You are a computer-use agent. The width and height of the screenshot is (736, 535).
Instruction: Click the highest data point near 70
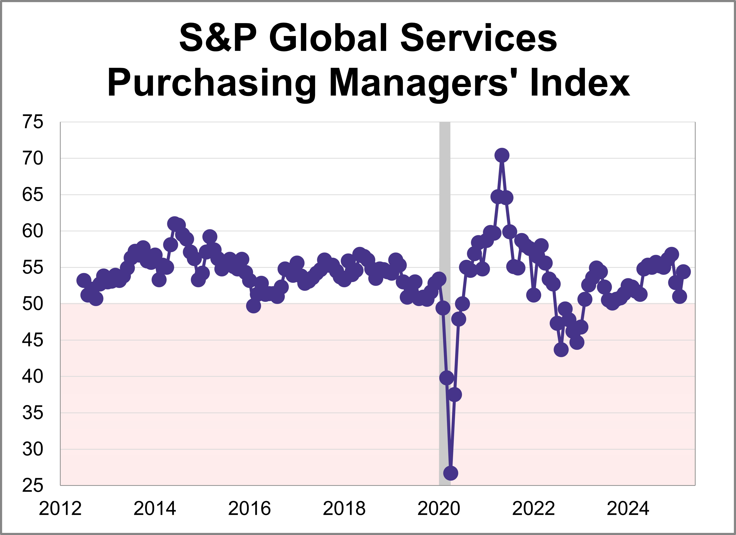coord(502,155)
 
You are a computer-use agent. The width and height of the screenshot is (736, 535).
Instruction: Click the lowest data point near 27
coord(451,473)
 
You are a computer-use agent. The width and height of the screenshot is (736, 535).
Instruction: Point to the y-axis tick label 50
coord(33,304)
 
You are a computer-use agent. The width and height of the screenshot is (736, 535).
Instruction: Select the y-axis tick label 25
coord(33,486)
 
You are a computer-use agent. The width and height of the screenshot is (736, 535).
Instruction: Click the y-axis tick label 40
coord(33,377)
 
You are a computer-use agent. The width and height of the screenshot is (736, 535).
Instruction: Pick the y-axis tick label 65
coord(33,195)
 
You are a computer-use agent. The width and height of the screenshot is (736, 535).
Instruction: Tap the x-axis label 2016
coord(249,509)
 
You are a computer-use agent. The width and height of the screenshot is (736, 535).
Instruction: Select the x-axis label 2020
coord(439,509)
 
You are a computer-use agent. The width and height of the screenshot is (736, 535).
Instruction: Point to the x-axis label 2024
coord(628,509)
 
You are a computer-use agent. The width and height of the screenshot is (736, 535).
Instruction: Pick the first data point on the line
coord(84,280)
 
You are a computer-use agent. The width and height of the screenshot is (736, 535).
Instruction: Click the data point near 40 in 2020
coord(446,378)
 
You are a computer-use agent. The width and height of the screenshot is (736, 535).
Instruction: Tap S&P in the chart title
coord(218,38)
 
